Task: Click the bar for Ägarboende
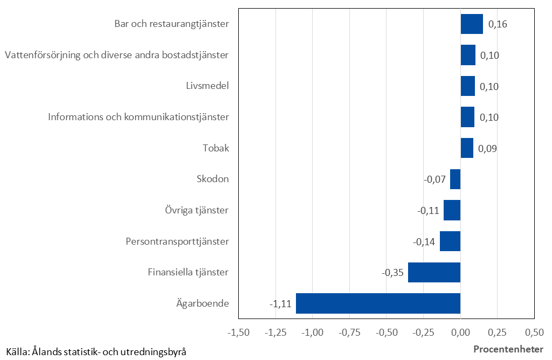pyautogui.click(x=378, y=303)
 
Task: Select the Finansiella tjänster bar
pyautogui.click(x=434, y=272)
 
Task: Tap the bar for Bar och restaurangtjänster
pyautogui.click(x=472, y=24)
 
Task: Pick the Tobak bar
pyautogui.click(x=467, y=148)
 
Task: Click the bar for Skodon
pyautogui.click(x=456, y=179)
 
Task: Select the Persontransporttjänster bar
pyautogui.click(x=450, y=241)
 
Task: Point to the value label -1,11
pyautogui.click(x=280, y=304)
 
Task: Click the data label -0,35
pyautogui.click(x=392, y=273)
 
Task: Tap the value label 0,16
pyautogui.click(x=498, y=24)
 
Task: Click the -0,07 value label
pyautogui.click(x=434, y=179)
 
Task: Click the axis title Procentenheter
pyautogui.click(x=508, y=349)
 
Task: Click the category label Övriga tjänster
pyautogui.click(x=197, y=210)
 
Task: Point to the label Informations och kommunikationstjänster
pyautogui.click(x=139, y=117)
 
